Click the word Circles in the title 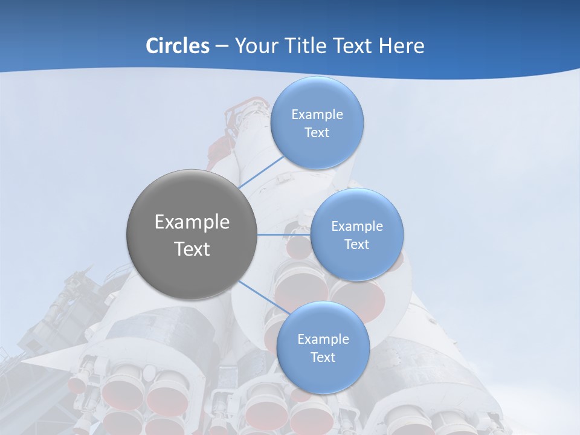tap(177, 46)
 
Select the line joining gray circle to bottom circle tap(265, 298)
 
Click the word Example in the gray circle tap(192, 222)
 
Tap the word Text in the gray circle tap(192, 249)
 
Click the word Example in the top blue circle tap(317, 115)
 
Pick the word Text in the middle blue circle tap(356, 245)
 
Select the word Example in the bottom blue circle tap(323, 340)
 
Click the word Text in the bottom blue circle tap(323, 358)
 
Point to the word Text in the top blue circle tap(317, 133)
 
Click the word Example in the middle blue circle tap(357, 227)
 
